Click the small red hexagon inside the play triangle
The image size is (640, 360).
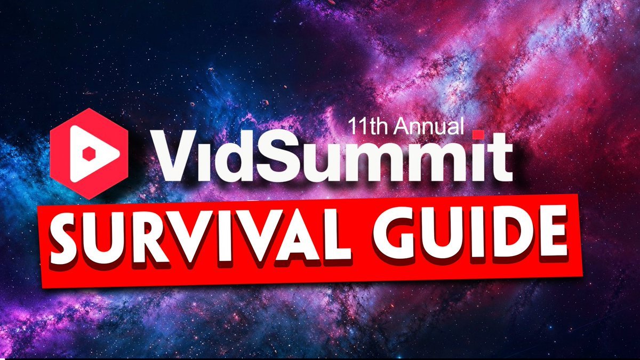click(89, 154)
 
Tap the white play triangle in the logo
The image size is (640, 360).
click(91, 154)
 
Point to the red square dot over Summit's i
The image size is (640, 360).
click(478, 134)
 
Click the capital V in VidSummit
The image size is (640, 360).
click(175, 156)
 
